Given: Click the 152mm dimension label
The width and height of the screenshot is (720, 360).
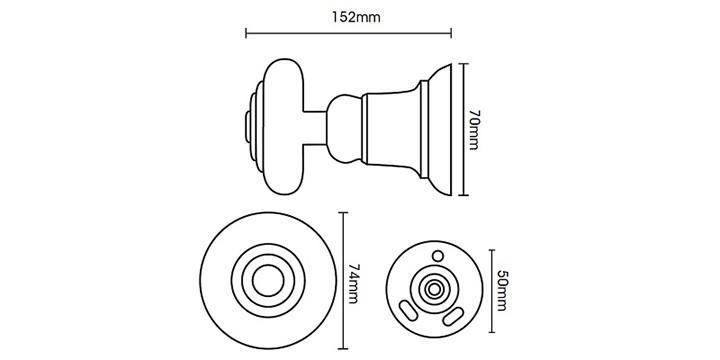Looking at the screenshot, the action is (x=356, y=17).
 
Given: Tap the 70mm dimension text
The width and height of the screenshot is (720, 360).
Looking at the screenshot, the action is (x=473, y=129).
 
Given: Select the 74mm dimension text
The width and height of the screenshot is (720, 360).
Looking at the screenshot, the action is (x=353, y=283).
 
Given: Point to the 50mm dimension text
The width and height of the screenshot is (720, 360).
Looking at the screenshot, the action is (x=501, y=290).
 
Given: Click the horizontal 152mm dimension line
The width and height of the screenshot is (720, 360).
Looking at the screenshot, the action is (x=349, y=33).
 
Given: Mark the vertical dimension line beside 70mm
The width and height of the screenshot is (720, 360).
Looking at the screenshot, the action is (x=464, y=129).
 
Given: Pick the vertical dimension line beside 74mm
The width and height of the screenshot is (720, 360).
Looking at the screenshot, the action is (x=343, y=281).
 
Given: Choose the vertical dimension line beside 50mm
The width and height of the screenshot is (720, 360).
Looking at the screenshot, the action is (x=492, y=291).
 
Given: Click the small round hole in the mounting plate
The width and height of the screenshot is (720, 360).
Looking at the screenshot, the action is (x=439, y=256).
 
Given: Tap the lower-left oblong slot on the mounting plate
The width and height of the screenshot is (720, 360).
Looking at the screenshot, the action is (x=409, y=310).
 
